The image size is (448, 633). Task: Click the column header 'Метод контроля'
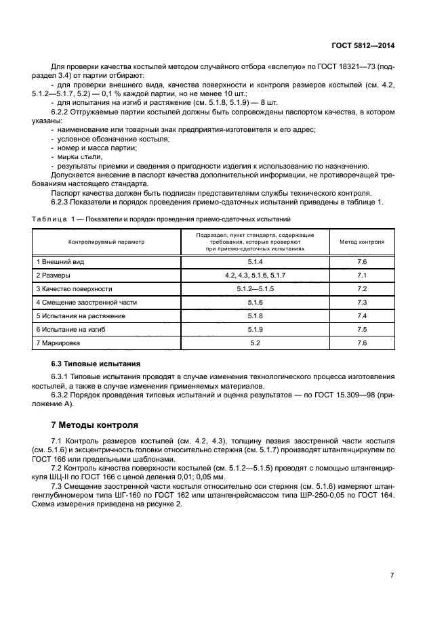tap(361, 241)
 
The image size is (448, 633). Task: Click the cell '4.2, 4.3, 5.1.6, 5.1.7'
tap(255, 275)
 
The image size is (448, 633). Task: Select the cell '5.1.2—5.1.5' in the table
tap(255, 288)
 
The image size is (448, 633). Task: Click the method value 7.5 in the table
tap(361, 329)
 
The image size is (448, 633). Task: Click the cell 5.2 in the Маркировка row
tap(255, 343)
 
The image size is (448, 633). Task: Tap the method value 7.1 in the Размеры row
tap(361, 275)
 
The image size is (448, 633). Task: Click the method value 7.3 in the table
tap(361, 302)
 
